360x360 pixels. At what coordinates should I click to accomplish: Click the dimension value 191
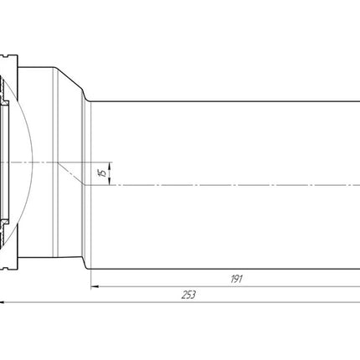coord(236,279)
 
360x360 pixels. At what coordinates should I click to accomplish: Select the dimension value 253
coord(188,295)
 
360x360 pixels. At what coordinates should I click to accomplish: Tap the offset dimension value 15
coord(103,173)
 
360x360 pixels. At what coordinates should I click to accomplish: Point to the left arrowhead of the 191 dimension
coord(95,286)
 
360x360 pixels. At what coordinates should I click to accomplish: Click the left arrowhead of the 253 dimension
coord(2,302)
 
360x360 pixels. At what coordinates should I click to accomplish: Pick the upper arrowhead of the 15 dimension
coord(110,166)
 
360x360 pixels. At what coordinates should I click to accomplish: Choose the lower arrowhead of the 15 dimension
coord(110,182)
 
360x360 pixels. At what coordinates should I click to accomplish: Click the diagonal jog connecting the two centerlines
coord(71,173)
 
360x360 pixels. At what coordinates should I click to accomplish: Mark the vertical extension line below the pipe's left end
coord(91,280)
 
